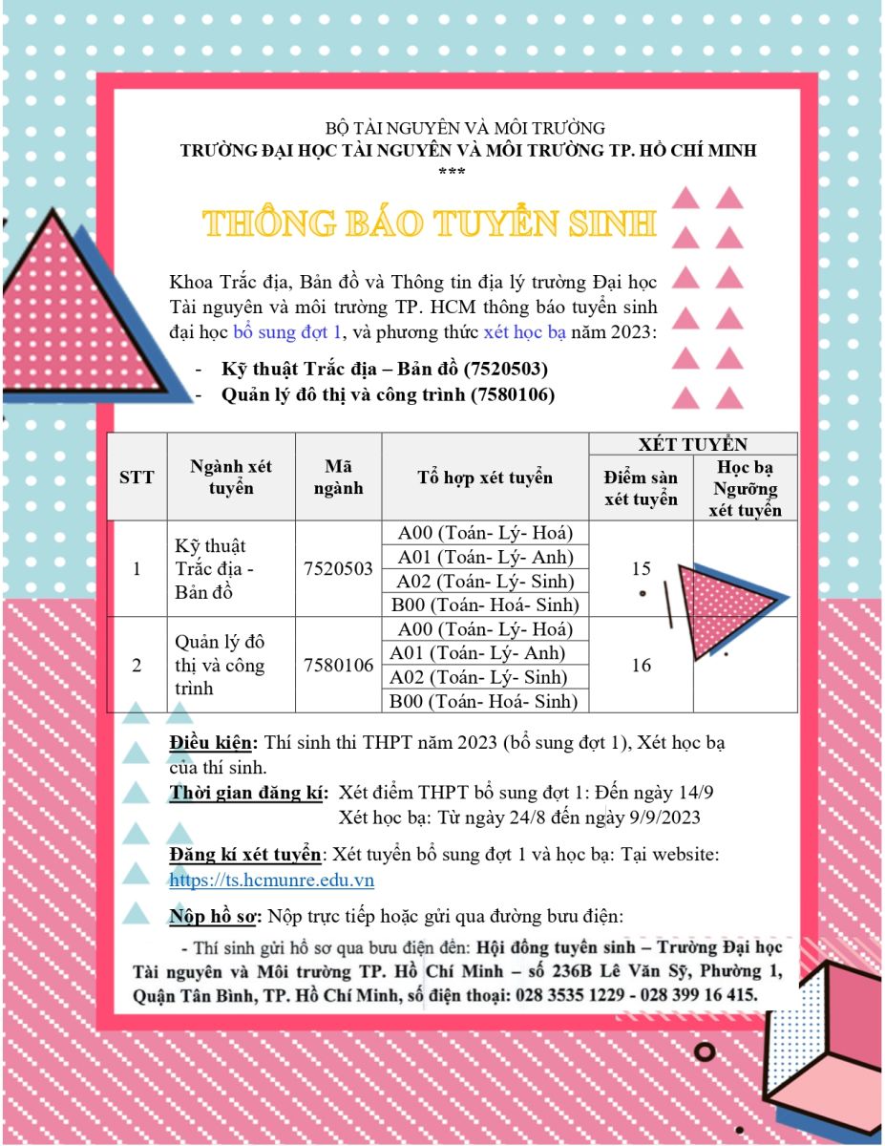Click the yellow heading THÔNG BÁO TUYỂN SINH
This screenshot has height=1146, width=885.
(429, 223)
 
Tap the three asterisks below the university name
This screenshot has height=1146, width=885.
(451, 172)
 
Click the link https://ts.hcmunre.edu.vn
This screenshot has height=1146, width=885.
(271, 881)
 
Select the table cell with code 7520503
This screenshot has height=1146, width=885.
(338, 569)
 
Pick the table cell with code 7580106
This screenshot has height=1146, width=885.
(338, 666)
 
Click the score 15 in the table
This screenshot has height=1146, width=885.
(641, 569)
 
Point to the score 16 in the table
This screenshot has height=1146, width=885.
(641, 666)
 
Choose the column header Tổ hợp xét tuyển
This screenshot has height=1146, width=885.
(484, 477)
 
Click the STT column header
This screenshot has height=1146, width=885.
(137, 477)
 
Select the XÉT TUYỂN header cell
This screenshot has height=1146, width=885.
(692, 444)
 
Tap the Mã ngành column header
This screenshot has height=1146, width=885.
(338, 477)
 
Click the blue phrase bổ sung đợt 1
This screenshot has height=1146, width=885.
(287, 333)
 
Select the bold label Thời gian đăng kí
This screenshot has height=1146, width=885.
(249, 793)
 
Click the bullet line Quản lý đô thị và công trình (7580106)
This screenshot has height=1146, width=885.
(387, 394)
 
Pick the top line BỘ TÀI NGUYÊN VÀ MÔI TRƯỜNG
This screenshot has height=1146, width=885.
(465, 127)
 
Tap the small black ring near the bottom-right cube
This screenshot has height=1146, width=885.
(706, 1051)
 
